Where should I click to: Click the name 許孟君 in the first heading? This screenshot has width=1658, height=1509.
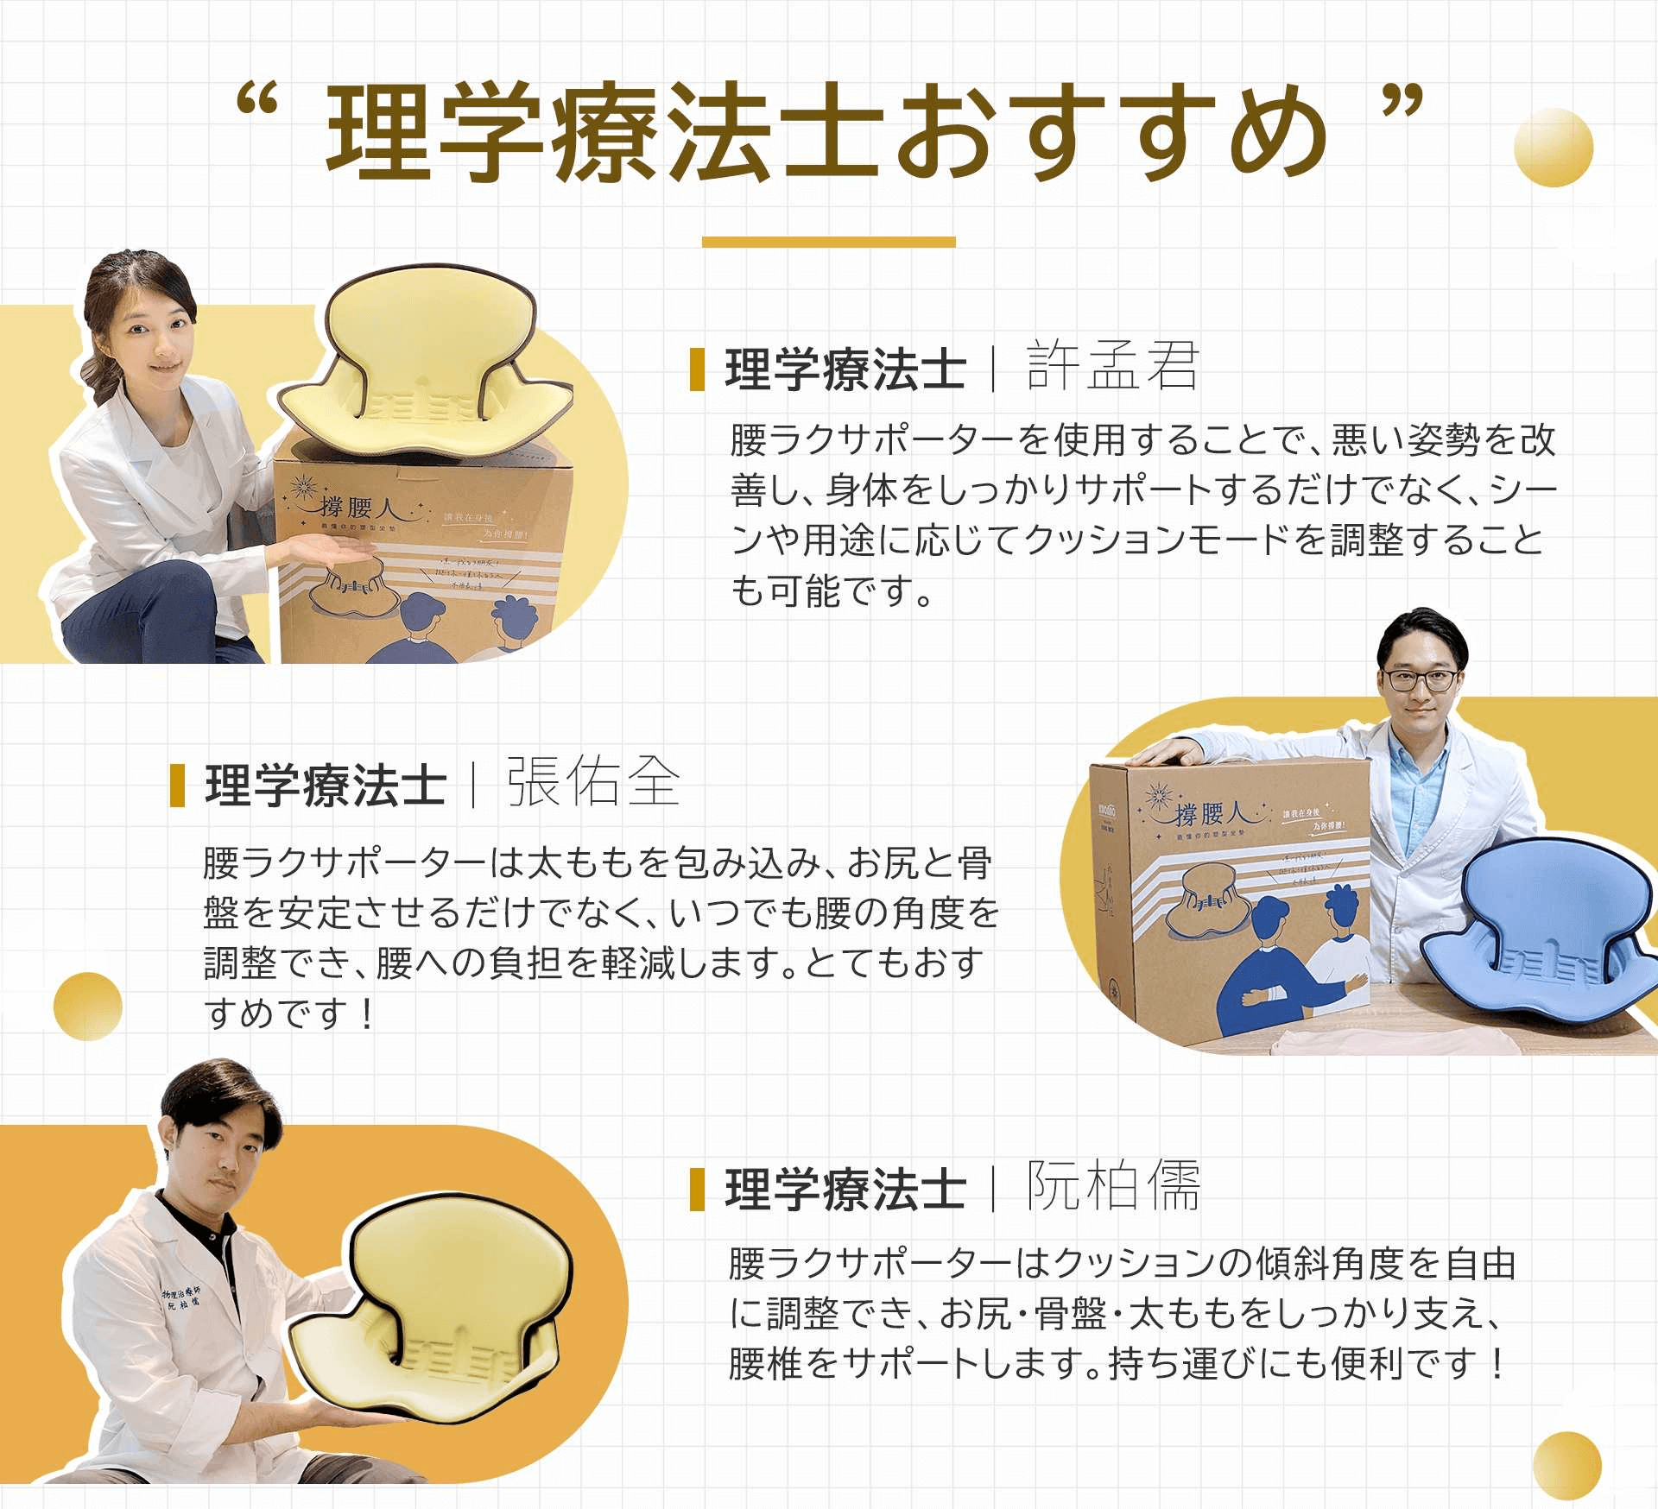tap(1112, 366)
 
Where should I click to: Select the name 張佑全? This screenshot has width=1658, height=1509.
tap(593, 782)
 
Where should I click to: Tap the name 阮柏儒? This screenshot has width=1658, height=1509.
tap(1113, 1186)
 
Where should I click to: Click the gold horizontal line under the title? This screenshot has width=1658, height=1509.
tap(828, 242)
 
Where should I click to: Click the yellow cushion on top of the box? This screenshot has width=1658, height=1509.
tap(423, 363)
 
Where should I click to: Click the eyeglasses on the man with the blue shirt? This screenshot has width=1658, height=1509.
tap(1421, 679)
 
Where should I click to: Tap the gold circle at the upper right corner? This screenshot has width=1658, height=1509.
tap(1553, 147)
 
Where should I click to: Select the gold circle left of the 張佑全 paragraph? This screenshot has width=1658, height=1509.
tap(87, 1006)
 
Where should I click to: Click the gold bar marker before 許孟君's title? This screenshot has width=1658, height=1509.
tap(697, 369)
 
